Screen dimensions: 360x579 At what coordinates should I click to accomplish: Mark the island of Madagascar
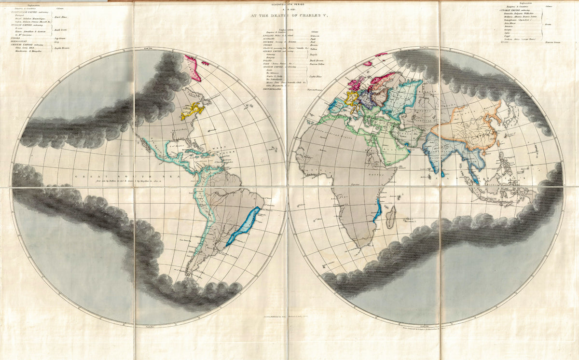[391, 217]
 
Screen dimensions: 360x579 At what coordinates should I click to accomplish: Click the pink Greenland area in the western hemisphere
[194, 67]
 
